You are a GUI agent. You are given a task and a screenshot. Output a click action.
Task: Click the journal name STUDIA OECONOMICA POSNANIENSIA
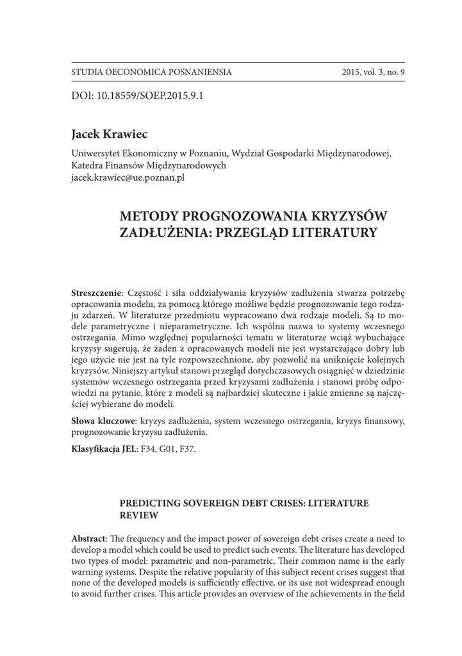point(151,72)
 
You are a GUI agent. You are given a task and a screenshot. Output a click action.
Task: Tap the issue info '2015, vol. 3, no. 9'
point(374,72)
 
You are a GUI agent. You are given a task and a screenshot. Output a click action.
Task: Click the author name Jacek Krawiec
point(110,134)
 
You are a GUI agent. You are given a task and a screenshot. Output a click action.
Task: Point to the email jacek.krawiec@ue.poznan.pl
point(128,177)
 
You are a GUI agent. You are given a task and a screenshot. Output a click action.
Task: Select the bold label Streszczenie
point(95,293)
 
